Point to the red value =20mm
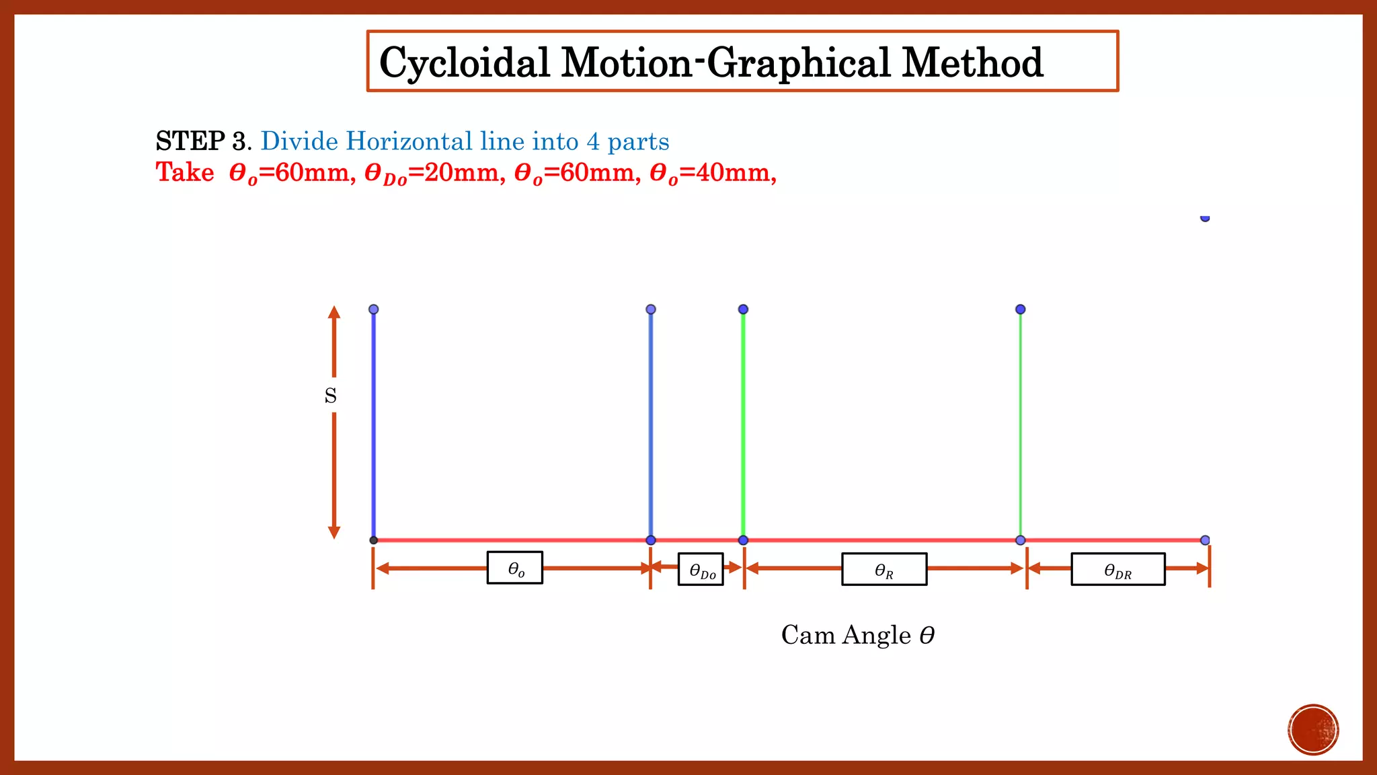coord(457,173)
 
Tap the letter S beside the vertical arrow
coord(330,396)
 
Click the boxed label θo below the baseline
coord(515,568)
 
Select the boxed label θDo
coord(701,570)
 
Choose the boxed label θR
coord(884,570)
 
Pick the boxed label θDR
coord(1117,570)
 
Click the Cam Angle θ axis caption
coord(858,635)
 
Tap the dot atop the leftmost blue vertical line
coord(374,309)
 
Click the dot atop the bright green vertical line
coord(743,309)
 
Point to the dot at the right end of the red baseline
coord(1205,540)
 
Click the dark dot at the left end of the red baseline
coord(374,540)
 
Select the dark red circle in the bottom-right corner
coord(1313,730)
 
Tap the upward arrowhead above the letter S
coord(334,312)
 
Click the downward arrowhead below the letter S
coord(334,532)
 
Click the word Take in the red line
coord(185,173)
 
